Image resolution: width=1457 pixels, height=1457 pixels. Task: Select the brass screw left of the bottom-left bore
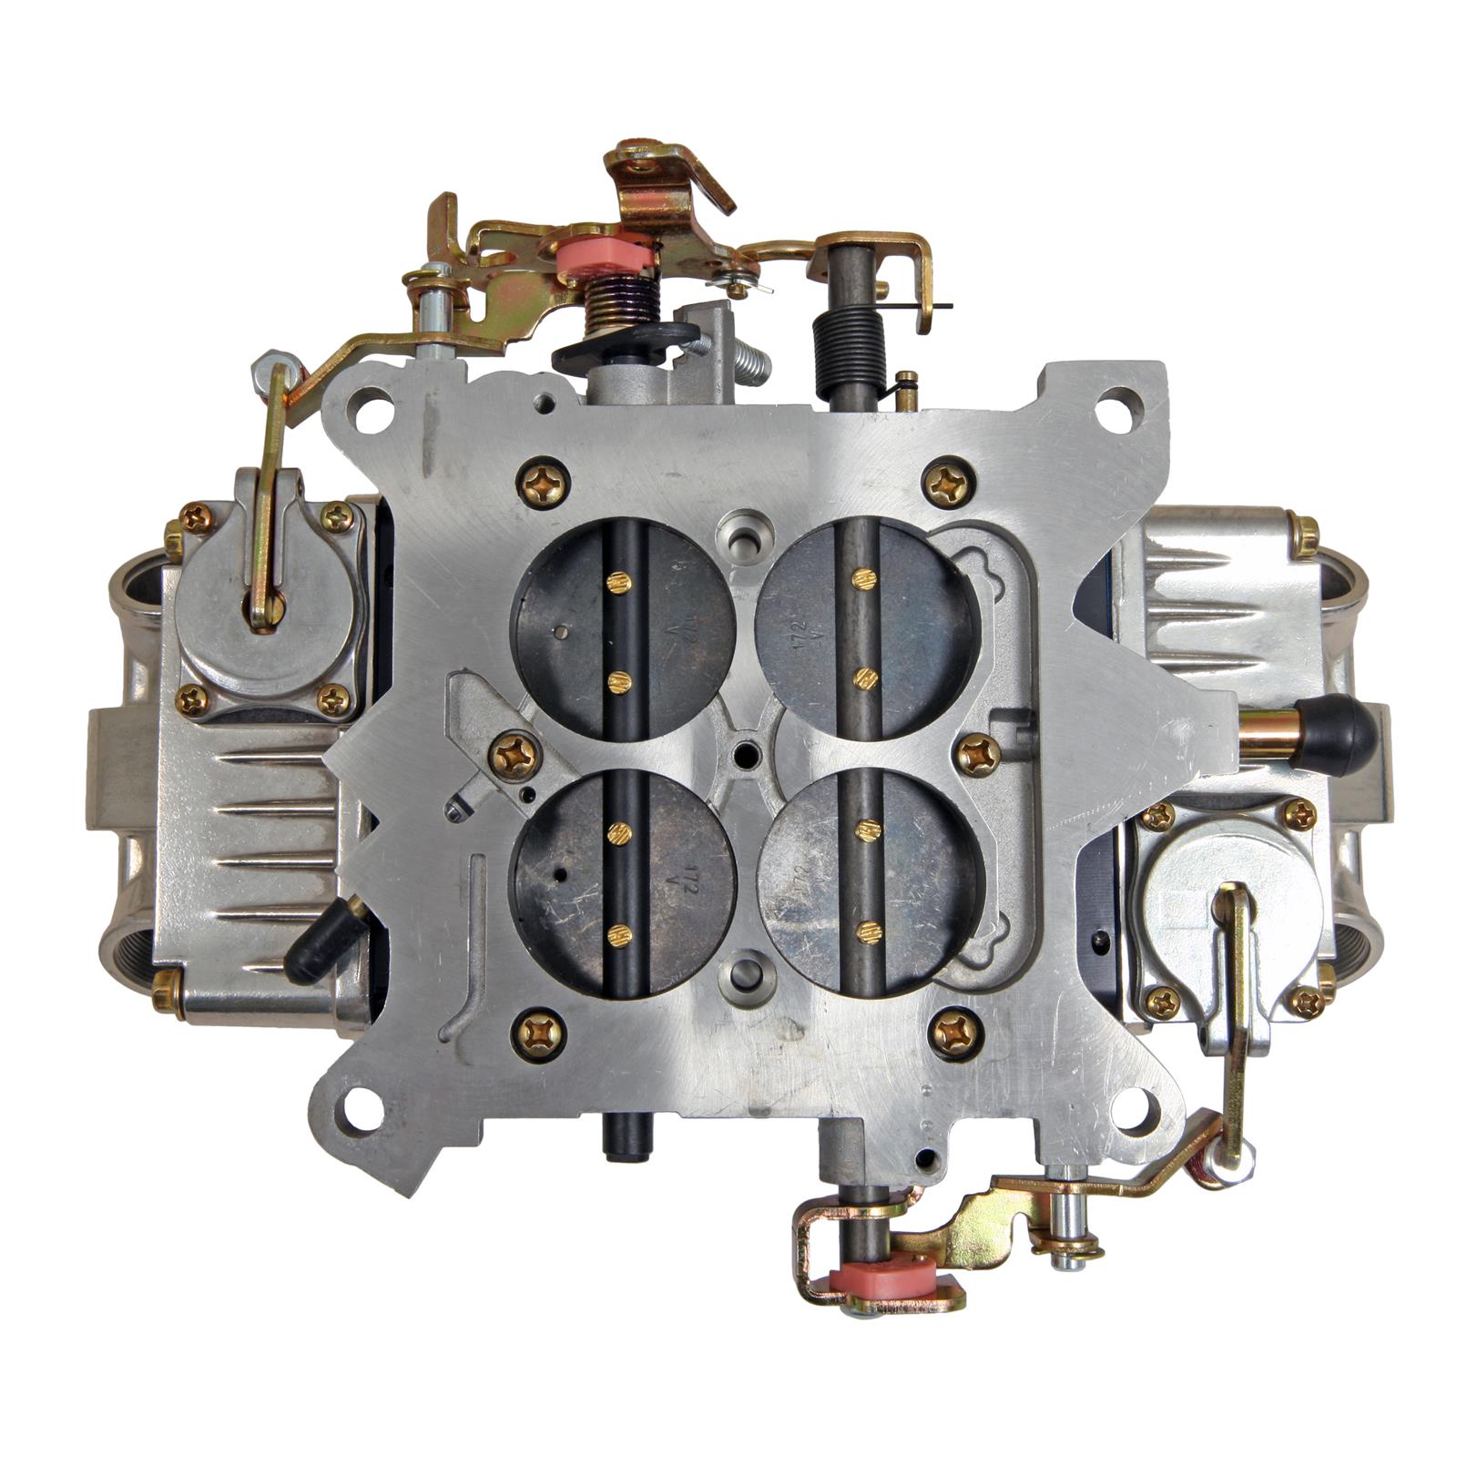(515, 756)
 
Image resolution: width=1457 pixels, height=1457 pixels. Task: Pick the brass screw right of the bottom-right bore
(979, 755)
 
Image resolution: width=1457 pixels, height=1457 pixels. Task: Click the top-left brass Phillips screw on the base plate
(543, 483)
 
